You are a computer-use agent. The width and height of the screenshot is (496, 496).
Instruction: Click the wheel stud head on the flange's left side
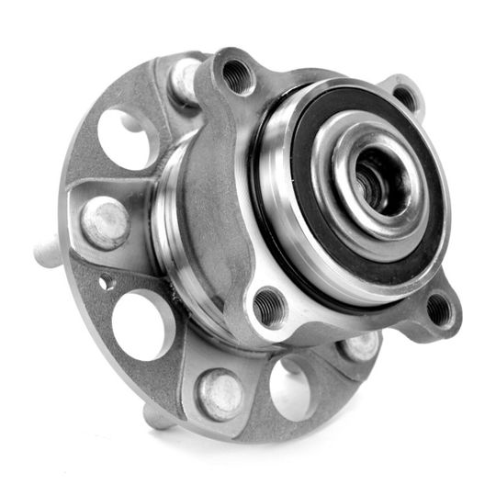106,222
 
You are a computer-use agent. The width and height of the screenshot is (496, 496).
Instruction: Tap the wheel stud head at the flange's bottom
221,393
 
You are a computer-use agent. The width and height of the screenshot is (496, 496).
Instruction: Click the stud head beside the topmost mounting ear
186,79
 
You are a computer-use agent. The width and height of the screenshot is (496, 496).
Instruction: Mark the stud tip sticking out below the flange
158,417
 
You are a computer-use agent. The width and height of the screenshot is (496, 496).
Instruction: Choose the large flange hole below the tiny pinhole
141,323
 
